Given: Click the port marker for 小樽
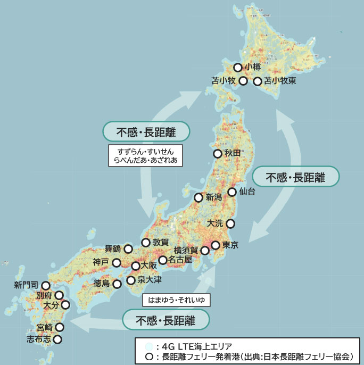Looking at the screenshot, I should [x=238, y=68].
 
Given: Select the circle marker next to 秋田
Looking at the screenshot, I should [x=217, y=154].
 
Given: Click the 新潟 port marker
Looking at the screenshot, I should [x=198, y=197].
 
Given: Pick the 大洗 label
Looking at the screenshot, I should [x=216, y=223].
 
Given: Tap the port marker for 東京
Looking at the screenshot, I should [x=215, y=245].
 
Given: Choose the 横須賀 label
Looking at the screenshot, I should [x=186, y=250].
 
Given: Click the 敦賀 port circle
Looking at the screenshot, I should [x=145, y=243].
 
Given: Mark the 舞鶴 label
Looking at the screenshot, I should [x=112, y=248].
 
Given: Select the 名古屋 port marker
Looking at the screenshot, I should [x=163, y=260].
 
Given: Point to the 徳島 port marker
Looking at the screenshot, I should [x=117, y=284].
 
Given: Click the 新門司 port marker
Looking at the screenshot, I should [x=46, y=286].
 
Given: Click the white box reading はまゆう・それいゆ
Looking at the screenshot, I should [x=177, y=300].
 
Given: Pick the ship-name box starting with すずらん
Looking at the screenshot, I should [x=145, y=155].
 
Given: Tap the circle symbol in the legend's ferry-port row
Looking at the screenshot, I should [x=150, y=356].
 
